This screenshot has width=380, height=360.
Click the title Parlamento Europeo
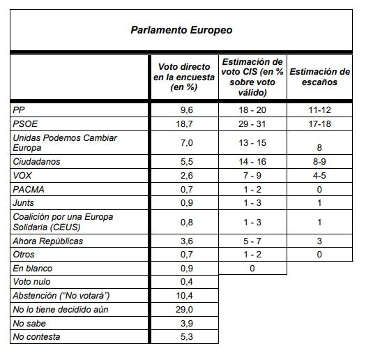(181, 30)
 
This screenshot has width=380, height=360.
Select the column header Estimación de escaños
(319, 77)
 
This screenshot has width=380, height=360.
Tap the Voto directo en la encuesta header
(184, 77)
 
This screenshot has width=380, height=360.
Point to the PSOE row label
(25, 124)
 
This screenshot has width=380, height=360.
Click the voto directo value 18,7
(185, 124)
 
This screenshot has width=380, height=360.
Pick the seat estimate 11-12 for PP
(319, 110)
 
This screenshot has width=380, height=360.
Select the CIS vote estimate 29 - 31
(252, 124)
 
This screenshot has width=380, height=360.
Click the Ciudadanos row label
(36, 162)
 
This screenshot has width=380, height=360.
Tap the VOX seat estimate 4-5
(319, 176)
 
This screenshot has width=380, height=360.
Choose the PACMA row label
(29, 189)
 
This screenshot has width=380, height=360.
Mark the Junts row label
(24, 202)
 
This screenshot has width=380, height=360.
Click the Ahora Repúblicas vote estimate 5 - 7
(252, 241)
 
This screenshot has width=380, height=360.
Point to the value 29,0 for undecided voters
(185, 310)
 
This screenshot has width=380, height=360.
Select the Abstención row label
(61, 296)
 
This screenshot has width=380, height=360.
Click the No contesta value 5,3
(187, 337)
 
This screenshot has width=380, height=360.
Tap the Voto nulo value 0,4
(187, 282)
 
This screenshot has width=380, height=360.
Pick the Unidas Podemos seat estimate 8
(319, 148)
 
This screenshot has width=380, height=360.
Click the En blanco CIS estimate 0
(252, 269)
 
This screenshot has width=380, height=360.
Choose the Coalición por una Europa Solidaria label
(63, 222)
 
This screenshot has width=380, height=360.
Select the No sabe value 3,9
(187, 324)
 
